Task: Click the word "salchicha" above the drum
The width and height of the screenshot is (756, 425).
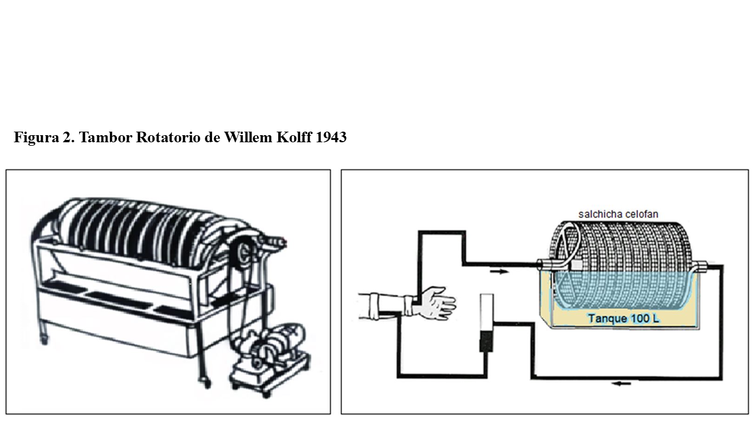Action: tap(598, 214)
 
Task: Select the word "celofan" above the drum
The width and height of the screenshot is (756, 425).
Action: tap(640, 214)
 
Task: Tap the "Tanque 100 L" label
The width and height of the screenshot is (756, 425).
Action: tap(624, 318)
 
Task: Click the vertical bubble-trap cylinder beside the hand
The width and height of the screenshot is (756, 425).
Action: tap(487, 323)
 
